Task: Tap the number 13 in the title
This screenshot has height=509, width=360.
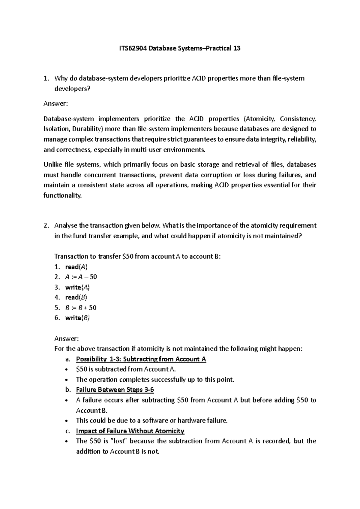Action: tap(237, 48)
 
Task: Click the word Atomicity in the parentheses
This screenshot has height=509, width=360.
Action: tap(260, 119)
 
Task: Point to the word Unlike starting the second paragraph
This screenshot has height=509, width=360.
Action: tap(52, 164)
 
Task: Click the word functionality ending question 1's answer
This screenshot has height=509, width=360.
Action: tap(62, 196)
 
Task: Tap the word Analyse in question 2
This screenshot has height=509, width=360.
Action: tap(65, 225)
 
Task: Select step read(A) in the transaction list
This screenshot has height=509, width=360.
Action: tap(76, 267)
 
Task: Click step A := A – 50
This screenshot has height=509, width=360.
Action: tap(81, 277)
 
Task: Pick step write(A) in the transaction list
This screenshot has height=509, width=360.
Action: tap(77, 287)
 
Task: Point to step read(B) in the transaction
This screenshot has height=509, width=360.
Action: tap(76, 297)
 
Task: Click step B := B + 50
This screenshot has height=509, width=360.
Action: tap(81, 308)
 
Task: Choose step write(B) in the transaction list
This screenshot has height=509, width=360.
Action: tap(77, 318)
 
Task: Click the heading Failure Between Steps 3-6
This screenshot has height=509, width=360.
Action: tap(115, 390)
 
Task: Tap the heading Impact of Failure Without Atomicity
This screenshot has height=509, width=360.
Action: tap(130, 431)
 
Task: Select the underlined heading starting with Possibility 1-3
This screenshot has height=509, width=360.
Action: tap(141, 359)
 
